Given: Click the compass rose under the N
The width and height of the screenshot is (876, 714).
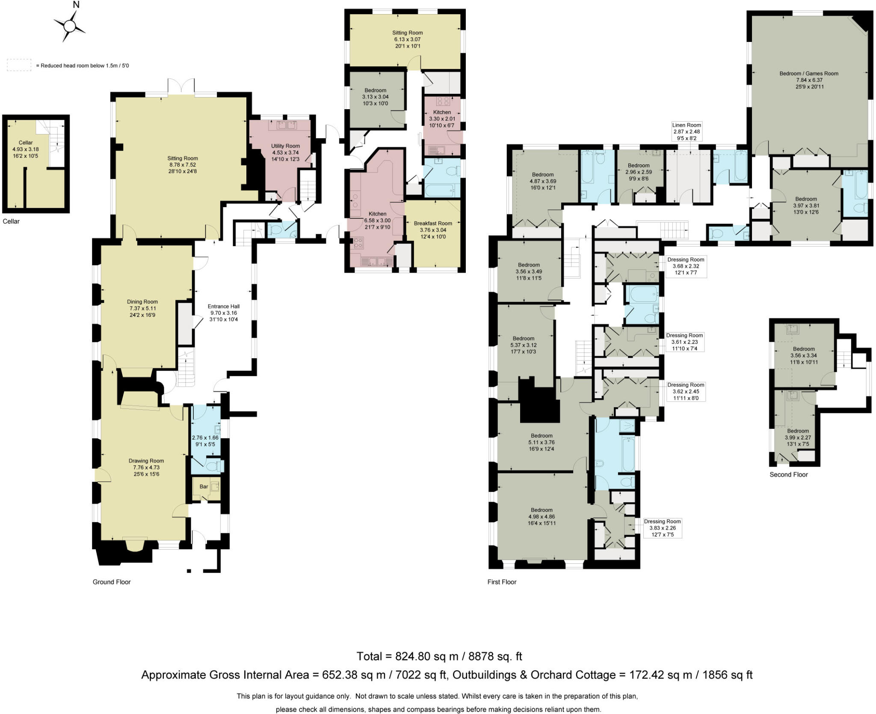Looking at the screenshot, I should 69,27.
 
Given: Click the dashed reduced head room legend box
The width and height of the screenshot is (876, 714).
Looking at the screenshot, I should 19,65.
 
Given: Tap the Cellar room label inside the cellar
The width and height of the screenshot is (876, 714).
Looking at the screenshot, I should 26,143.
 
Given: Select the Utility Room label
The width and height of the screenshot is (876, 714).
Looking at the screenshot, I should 285,146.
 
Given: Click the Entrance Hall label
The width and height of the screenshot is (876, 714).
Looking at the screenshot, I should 223,306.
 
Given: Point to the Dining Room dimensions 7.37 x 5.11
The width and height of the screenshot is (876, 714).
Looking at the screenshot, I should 142,308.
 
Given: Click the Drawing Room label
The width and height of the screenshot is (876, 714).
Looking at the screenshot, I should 146,461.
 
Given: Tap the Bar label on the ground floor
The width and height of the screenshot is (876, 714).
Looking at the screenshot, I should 204,487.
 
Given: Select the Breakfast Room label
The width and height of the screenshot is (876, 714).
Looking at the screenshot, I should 433,223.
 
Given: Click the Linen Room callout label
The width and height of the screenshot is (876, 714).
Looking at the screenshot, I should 687,125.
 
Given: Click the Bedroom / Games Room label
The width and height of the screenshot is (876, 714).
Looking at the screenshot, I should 809,74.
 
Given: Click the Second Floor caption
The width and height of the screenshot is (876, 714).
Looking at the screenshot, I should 788,474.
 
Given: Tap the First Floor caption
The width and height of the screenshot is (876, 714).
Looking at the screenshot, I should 502,582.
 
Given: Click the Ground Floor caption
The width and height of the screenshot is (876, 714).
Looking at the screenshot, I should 112,582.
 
